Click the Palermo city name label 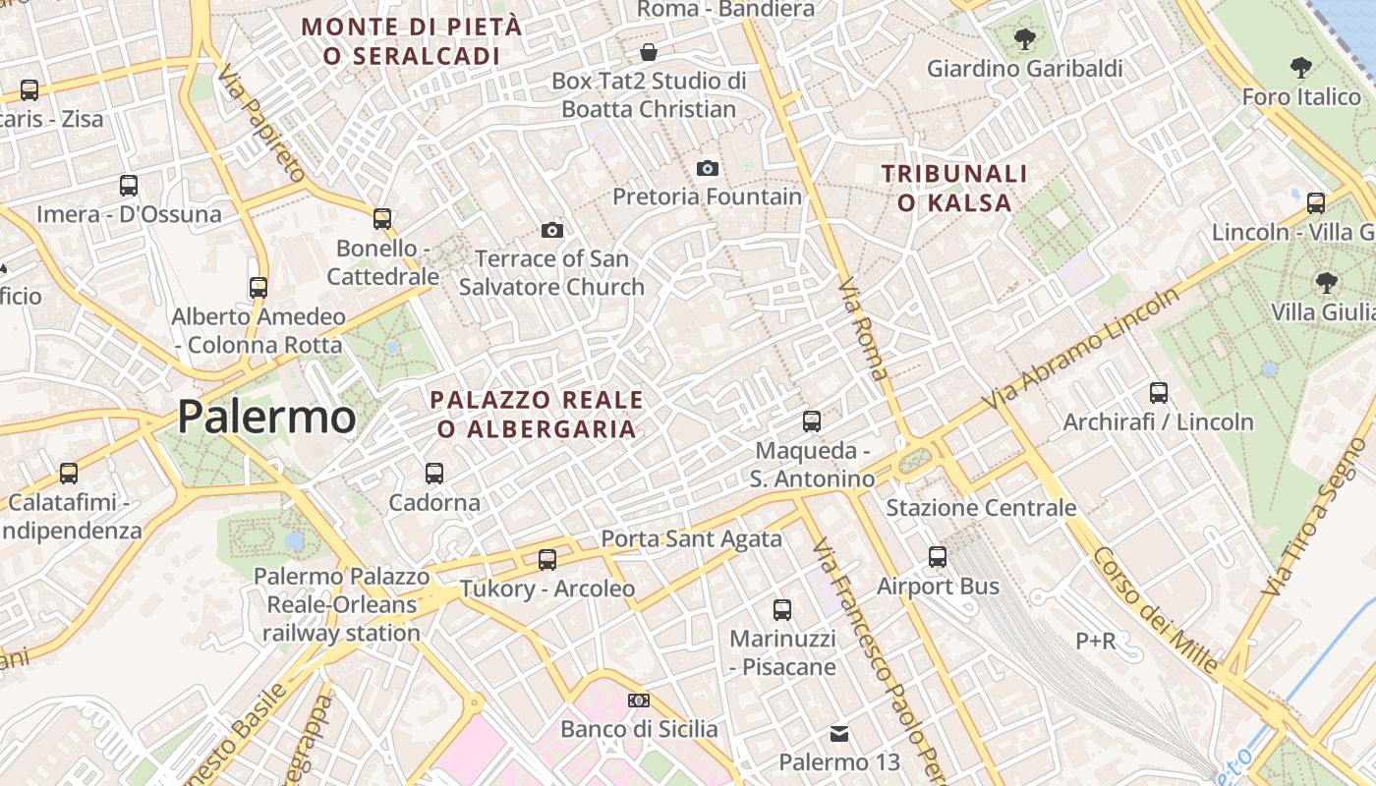click(x=266, y=418)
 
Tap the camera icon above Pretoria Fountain click(x=707, y=168)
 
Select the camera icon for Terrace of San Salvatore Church click(x=552, y=230)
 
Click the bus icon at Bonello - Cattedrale click(x=382, y=219)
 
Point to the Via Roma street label click(x=863, y=329)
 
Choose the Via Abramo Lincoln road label click(x=1082, y=350)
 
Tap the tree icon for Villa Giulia click(x=1327, y=283)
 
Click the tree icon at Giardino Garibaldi click(x=1025, y=39)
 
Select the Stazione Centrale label click(x=981, y=508)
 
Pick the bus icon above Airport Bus click(x=938, y=557)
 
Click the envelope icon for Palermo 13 click(x=839, y=733)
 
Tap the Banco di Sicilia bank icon click(x=639, y=701)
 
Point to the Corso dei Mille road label click(x=1155, y=610)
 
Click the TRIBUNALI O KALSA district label click(x=954, y=189)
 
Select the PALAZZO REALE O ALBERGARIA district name click(x=537, y=415)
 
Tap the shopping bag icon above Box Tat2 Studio click(x=649, y=51)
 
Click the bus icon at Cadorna click(x=434, y=474)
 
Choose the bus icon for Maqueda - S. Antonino click(x=812, y=421)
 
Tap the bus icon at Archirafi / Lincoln click(x=1159, y=393)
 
